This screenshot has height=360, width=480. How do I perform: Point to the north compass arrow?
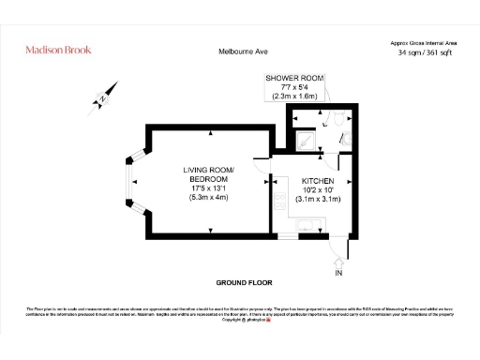point(104,97)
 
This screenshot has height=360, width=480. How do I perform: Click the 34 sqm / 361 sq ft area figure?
point(427,53)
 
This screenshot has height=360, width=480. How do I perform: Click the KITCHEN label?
point(318,180)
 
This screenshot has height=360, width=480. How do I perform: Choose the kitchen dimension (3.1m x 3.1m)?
point(318,199)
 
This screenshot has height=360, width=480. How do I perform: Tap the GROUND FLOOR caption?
point(244,282)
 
